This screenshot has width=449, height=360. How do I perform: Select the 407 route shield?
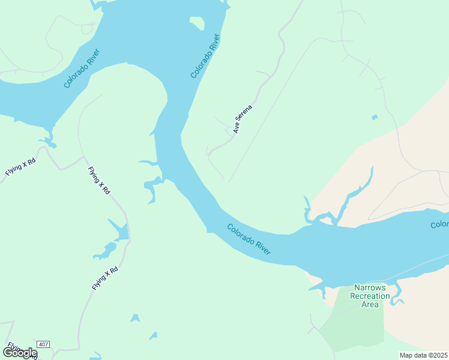[x=43, y=344]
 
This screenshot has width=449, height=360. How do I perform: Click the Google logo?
[x=20, y=353]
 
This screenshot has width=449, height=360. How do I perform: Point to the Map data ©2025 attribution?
[x=423, y=355]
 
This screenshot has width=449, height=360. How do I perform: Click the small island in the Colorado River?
[x=197, y=24]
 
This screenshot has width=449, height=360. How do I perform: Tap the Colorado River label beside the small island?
[x=206, y=56]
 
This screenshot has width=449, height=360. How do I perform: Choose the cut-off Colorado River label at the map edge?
[x=439, y=224]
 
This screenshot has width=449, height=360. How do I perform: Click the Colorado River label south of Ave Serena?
[x=249, y=239]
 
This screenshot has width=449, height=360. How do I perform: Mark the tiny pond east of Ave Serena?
[x=375, y=117]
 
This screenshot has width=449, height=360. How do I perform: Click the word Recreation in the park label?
[x=370, y=296]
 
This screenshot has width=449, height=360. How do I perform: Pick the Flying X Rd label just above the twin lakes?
[x=99, y=180]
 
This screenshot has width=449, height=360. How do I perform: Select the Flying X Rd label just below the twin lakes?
[x=105, y=279]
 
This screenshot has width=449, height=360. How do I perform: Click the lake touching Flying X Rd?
[x=121, y=232]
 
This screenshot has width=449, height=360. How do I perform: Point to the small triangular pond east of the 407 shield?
[x=135, y=318]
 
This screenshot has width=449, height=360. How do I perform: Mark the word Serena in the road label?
[x=247, y=114]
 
